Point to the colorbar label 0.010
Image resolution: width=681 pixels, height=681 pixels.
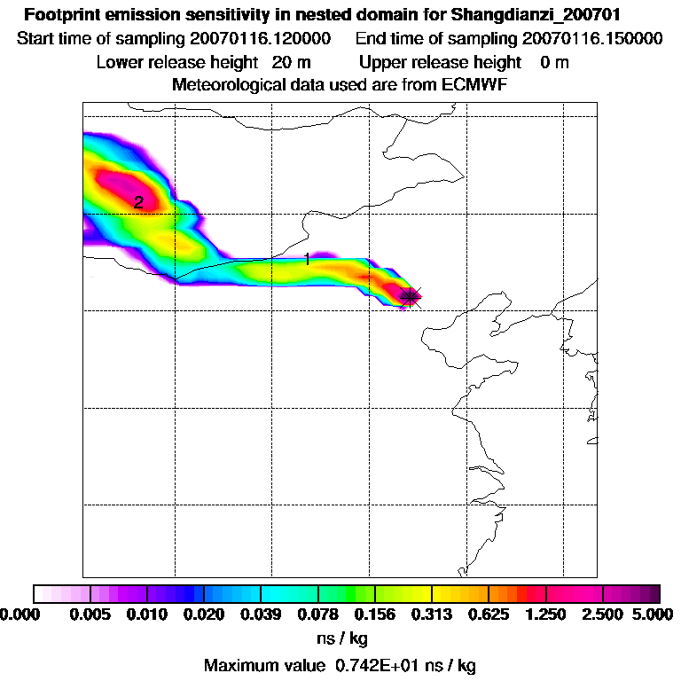pos(147,614)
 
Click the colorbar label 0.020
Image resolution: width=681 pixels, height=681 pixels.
pos(204,614)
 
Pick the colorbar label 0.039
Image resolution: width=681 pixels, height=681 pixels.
pos(261,614)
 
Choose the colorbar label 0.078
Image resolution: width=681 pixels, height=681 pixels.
pos(318,614)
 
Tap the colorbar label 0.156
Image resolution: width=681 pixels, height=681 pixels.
pos(375,614)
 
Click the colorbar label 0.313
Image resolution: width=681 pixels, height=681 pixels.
pos(432,614)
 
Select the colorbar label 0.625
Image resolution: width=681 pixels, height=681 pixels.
pos(489,614)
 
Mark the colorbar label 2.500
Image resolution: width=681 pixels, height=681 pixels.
pos(603,614)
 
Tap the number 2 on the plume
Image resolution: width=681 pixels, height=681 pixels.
pos(138,203)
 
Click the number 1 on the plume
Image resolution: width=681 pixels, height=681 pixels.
pos(307,259)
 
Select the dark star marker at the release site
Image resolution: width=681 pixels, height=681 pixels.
pos(410,296)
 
